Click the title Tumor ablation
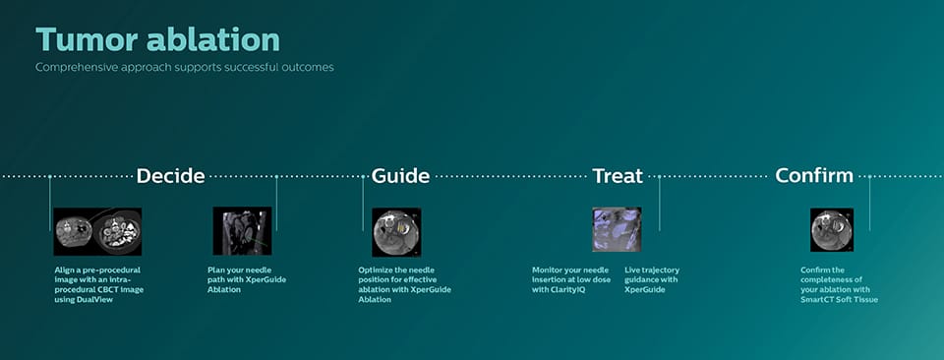point(157,39)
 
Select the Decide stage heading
point(170,176)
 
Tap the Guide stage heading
point(400,176)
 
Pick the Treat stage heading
point(617,176)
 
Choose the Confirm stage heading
point(814,176)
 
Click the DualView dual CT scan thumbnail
point(97,231)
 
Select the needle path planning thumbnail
point(242,231)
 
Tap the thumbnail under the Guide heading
point(396,231)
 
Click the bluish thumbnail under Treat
point(617,229)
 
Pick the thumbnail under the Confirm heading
point(832,229)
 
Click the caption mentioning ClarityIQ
point(570,279)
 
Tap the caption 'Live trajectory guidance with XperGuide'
point(652,279)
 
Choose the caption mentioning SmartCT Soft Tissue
point(839,284)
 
